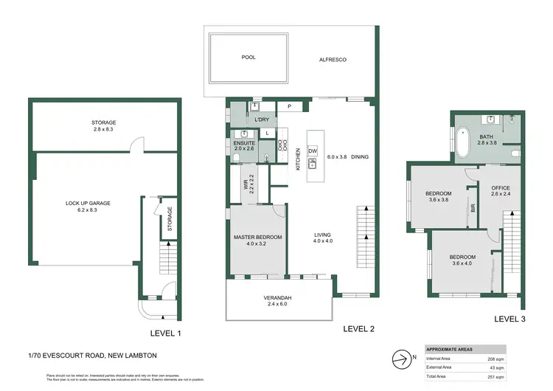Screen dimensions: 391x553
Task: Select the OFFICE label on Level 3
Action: coord(501,190)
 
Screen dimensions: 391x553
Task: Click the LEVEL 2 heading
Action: coord(358,330)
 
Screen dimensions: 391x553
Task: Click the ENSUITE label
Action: coord(244,145)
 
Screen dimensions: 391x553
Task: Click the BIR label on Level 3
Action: coord(473,210)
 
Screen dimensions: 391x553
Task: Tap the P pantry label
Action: coord(290,107)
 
